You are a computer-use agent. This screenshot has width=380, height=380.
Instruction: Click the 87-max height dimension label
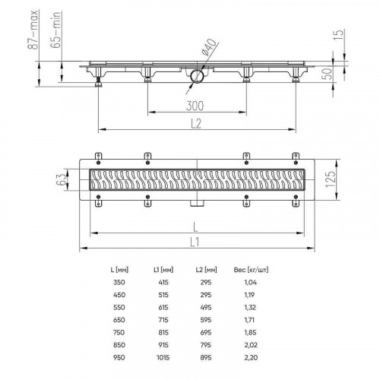[33, 30]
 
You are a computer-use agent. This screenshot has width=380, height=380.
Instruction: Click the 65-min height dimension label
[55, 30]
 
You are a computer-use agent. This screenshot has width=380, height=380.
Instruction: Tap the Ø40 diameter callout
[210, 47]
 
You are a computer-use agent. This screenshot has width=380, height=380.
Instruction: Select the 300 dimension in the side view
[195, 106]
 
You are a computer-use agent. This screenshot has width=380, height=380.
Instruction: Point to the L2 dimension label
[196, 124]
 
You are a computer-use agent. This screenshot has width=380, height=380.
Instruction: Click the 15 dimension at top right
[338, 35]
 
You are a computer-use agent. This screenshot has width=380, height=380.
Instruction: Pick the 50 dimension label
[327, 74]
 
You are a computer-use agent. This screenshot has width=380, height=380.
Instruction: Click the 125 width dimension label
[330, 179]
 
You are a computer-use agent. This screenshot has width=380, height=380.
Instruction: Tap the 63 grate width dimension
[61, 179]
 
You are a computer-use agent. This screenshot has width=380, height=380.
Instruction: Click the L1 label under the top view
[195, 242]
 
